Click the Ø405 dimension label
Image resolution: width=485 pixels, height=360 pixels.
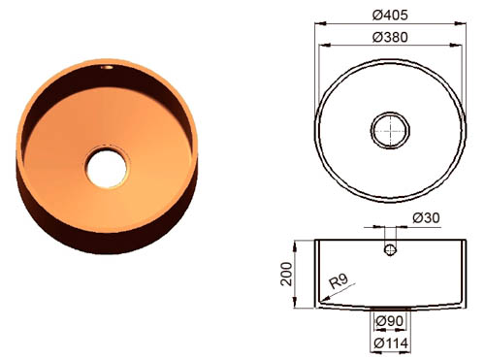pos(390,15)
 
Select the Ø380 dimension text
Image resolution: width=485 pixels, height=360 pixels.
pos(390,37)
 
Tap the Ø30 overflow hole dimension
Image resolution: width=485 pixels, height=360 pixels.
pos(426,218)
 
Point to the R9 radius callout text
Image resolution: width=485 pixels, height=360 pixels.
pos(339,280)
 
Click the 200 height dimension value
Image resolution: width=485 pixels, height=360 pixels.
pos(286,274)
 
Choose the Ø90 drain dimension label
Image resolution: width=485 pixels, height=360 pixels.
pos(390,321)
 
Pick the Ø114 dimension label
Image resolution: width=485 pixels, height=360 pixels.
pos(391,344)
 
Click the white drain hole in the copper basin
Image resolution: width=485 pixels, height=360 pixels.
pos(107,168)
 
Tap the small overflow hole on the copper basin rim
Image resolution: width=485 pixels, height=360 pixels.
pos(107,67)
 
